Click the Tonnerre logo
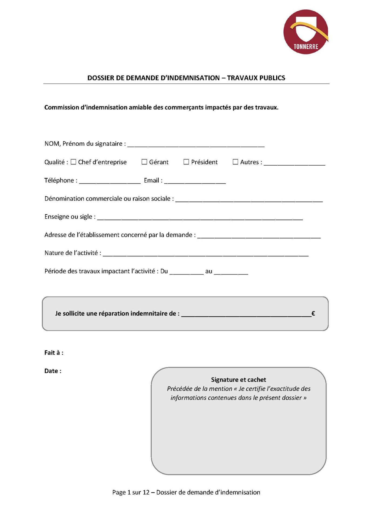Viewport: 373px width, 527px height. (x=306, y=32)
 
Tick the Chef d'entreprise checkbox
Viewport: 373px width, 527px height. (x=73, y=162)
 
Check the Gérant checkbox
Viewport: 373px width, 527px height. (x=144, y=162)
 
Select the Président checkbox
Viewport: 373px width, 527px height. (x=186, y=162)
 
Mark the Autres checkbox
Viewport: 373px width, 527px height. (x=235, y=162)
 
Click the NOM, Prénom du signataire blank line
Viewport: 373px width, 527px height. (x=196, y=145)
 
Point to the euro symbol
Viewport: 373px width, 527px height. (x=313, y=313)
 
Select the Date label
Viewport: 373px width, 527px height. (x=53, y=371)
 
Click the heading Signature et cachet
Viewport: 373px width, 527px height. (x=238, y=380)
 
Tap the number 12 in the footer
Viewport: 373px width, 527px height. (x=146, y=492)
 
